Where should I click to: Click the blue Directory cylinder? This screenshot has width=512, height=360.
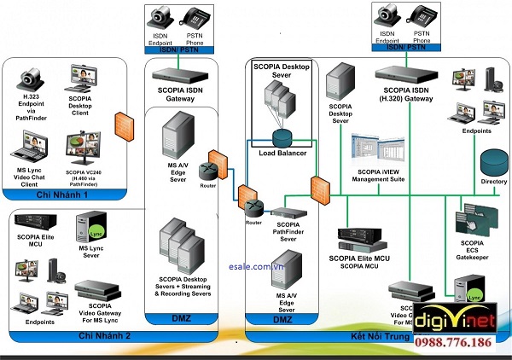click(494, 161)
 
